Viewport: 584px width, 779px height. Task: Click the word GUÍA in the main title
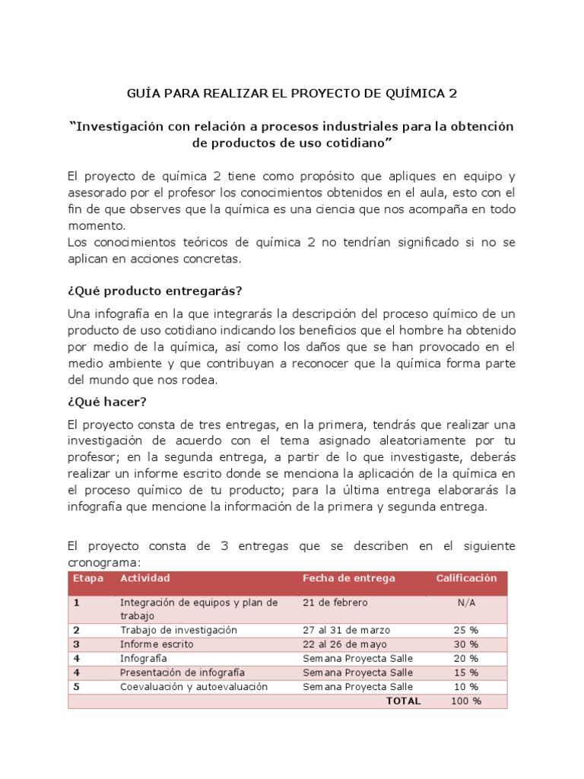tap(142, 94)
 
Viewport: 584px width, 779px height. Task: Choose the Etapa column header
tap(87, 578)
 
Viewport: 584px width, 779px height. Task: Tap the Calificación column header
tap(465, 578)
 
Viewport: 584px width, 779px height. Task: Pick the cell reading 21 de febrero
tap(335, 603)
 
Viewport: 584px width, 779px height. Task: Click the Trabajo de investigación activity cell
tap(179, 630)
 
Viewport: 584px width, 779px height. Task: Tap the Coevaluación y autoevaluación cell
tap(193, 686)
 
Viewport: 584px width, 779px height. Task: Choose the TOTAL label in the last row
tap(403, 701)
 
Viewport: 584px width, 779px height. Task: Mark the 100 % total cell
tap(465, 701)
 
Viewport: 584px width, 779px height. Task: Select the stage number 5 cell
tap(76, 686)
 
